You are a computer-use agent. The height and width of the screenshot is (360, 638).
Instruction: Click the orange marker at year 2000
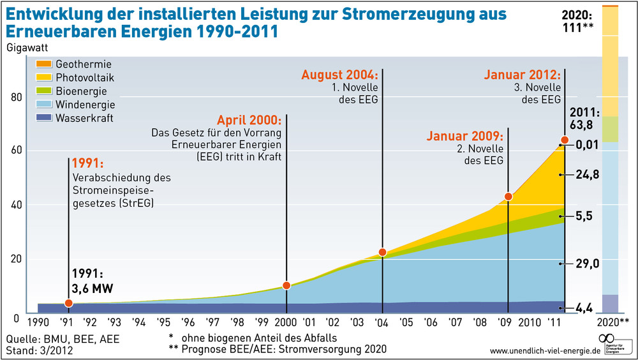286,285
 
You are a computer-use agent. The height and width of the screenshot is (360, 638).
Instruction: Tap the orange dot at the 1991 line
68,303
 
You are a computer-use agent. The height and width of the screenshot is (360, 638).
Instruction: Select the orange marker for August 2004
383,252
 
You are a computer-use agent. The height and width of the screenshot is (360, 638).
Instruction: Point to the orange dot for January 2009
508,197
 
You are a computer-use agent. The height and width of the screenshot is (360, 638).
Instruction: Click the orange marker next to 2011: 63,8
565,140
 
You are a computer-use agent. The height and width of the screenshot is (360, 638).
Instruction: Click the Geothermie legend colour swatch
44,64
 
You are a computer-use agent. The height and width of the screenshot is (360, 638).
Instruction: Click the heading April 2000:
249,120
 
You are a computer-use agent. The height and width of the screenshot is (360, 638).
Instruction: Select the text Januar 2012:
523,74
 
